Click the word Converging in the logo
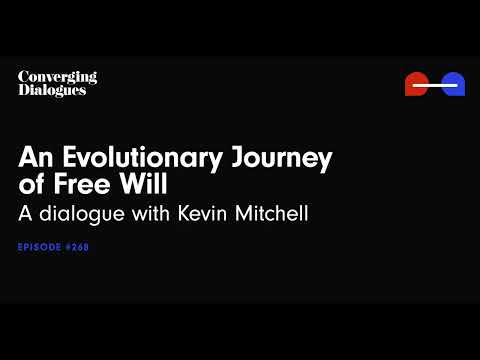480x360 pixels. tap(57, 77)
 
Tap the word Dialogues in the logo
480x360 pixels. tap(52, 90)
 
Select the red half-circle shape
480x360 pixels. tap(416, 84)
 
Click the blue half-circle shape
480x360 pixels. tap(453, 84)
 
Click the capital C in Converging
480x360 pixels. tap(23, 77)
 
